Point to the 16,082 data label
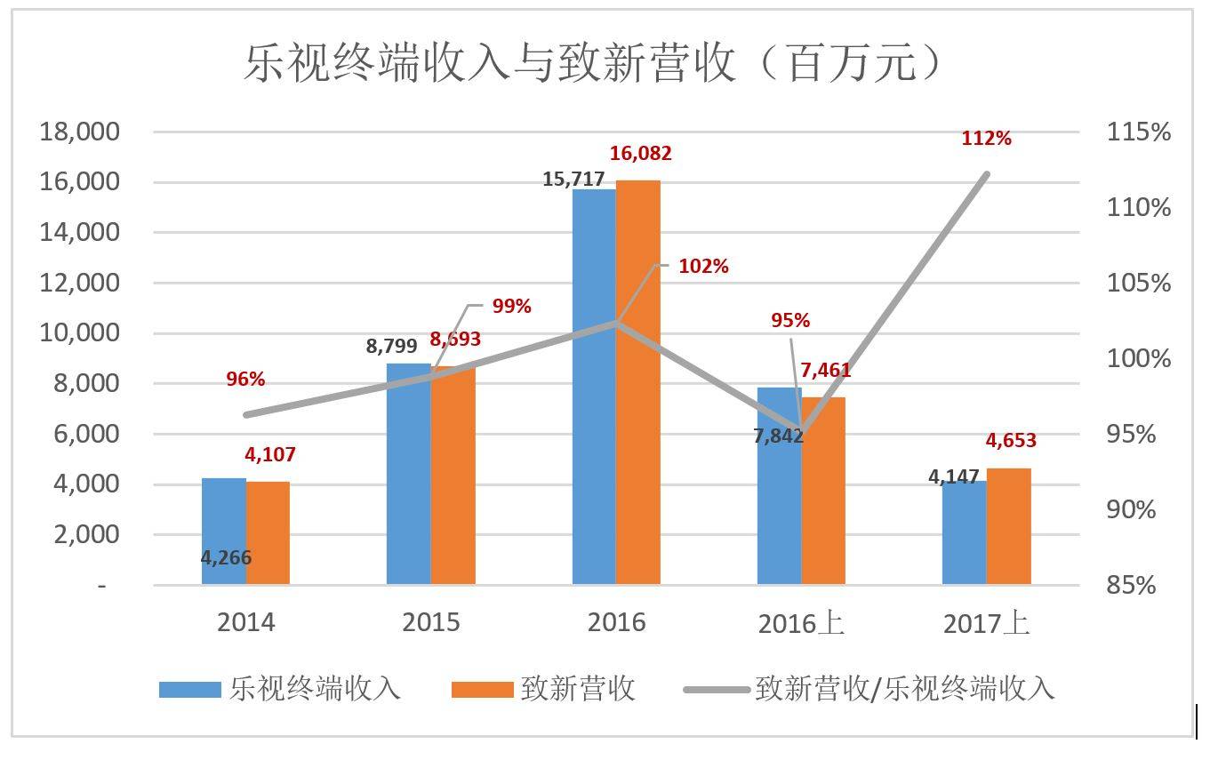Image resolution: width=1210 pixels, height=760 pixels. click(x=640, y=154)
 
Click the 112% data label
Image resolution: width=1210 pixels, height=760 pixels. click(x=986, y=138)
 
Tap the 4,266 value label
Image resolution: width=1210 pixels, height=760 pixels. click(x=226, y=558)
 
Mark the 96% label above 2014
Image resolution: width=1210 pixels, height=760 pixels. click(x=245, y=379)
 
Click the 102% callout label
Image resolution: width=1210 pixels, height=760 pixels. click(x=703, y=266)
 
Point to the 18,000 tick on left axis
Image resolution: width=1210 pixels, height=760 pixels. click(x=79, y=132)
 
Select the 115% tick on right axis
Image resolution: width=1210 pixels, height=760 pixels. click(x=1139, y=132)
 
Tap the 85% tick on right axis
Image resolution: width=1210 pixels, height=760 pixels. click(x=1132, y=585)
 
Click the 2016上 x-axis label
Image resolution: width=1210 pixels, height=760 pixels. click(x=801, y=623)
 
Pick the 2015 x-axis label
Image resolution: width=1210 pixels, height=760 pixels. click(x=431, y=621)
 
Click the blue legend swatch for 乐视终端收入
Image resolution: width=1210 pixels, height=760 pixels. click(x=189, y=690)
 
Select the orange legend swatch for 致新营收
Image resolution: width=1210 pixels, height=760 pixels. click(x=482, y=690)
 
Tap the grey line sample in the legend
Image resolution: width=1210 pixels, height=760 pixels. click(x=715, y=690)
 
